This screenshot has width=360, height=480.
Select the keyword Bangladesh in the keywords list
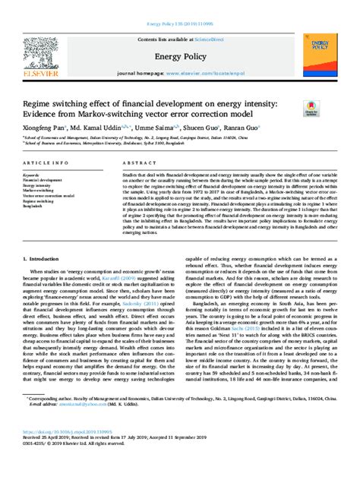[x=34, y=205]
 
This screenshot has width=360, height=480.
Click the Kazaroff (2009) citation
[x=121, y=279]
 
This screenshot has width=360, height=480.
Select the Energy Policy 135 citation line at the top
[x=179, y=25]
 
